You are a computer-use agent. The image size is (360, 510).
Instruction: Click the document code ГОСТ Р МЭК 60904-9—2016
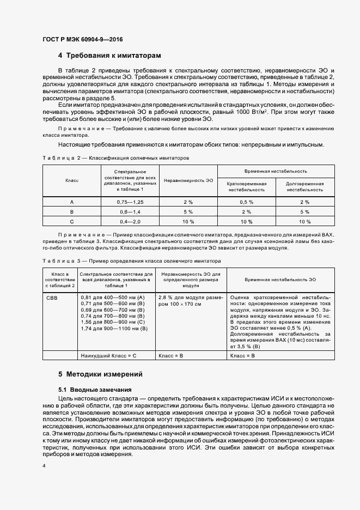[x=81, y=39]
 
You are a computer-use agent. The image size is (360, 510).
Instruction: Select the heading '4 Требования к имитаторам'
[x=109, y=56]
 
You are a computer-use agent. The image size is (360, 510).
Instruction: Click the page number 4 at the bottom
[x=44, y=467]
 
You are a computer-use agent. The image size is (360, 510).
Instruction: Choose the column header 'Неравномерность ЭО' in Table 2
[x=188, y=180]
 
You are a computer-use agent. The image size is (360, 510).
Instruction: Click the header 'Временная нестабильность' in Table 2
[x=276, y=171]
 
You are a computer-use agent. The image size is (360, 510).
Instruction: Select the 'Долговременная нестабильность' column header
[x=305, y=187]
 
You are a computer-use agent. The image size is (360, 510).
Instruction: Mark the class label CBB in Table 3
[x=52, y=297]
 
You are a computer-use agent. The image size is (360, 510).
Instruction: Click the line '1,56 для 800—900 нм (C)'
[x=111, y=323]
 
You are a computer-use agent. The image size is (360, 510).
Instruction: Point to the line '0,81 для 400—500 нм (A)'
[x=111, y=297]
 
